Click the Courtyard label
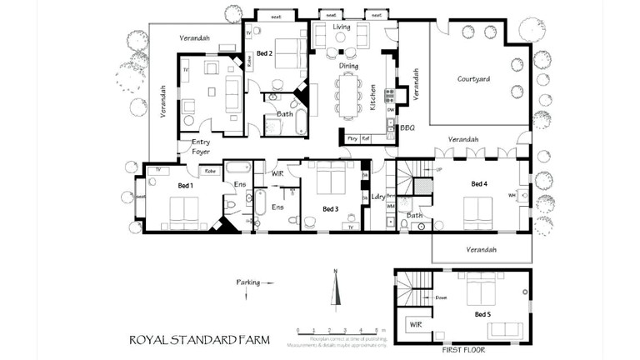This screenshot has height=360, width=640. pyautogui.click(x=473, y=79)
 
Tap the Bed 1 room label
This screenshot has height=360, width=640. pyautogui.click(x=185, y=185)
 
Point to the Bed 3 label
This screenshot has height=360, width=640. pyautogui.click(x=330, y=208)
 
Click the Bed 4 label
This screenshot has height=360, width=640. pyautogui.click(x=479, y=183)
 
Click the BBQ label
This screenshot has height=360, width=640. pyautogui.click(x=407, y=128)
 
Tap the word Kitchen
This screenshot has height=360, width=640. pyautogui.click(x=372, y=97)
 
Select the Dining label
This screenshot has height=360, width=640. pyautogui.click(x=347, y=64)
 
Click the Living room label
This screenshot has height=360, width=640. pyautogui.click(x=342, y=27)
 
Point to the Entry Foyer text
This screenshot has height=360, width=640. pyautogui.click(x=201, y=147)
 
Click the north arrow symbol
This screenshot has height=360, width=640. pyautogui.click(x=335, y=292)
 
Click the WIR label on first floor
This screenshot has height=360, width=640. pyautogui.click(x=414, y=322)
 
